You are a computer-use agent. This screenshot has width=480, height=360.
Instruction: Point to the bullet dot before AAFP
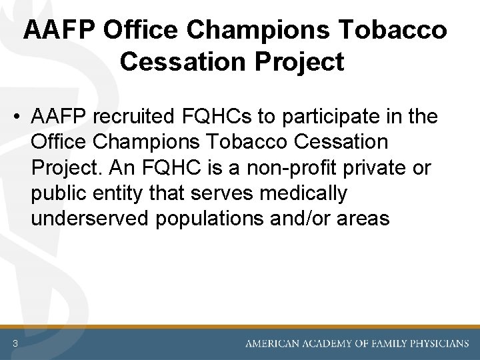tap(16, 117)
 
